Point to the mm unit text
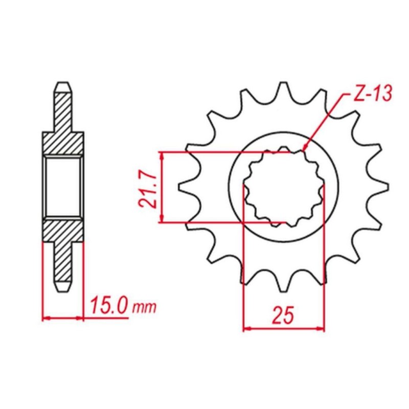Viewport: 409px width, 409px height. [144, 308]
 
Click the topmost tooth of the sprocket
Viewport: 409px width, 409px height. [284, 90]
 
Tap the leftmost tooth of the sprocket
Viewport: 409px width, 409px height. [186, 187]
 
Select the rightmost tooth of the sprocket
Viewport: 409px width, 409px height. [381, 187]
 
